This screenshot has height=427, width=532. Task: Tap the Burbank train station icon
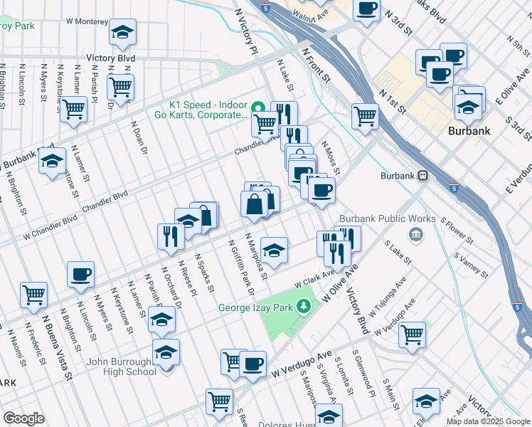click(422, 175)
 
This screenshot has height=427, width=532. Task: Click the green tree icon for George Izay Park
click(304, 306)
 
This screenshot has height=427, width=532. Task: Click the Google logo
click(23, 418)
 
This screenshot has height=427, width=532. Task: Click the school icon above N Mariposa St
click(274, 249)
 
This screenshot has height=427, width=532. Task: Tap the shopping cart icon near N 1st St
click(366, 115)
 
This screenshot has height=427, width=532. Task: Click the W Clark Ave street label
click(314, 278)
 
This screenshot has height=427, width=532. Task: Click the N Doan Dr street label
click(139, 137)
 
